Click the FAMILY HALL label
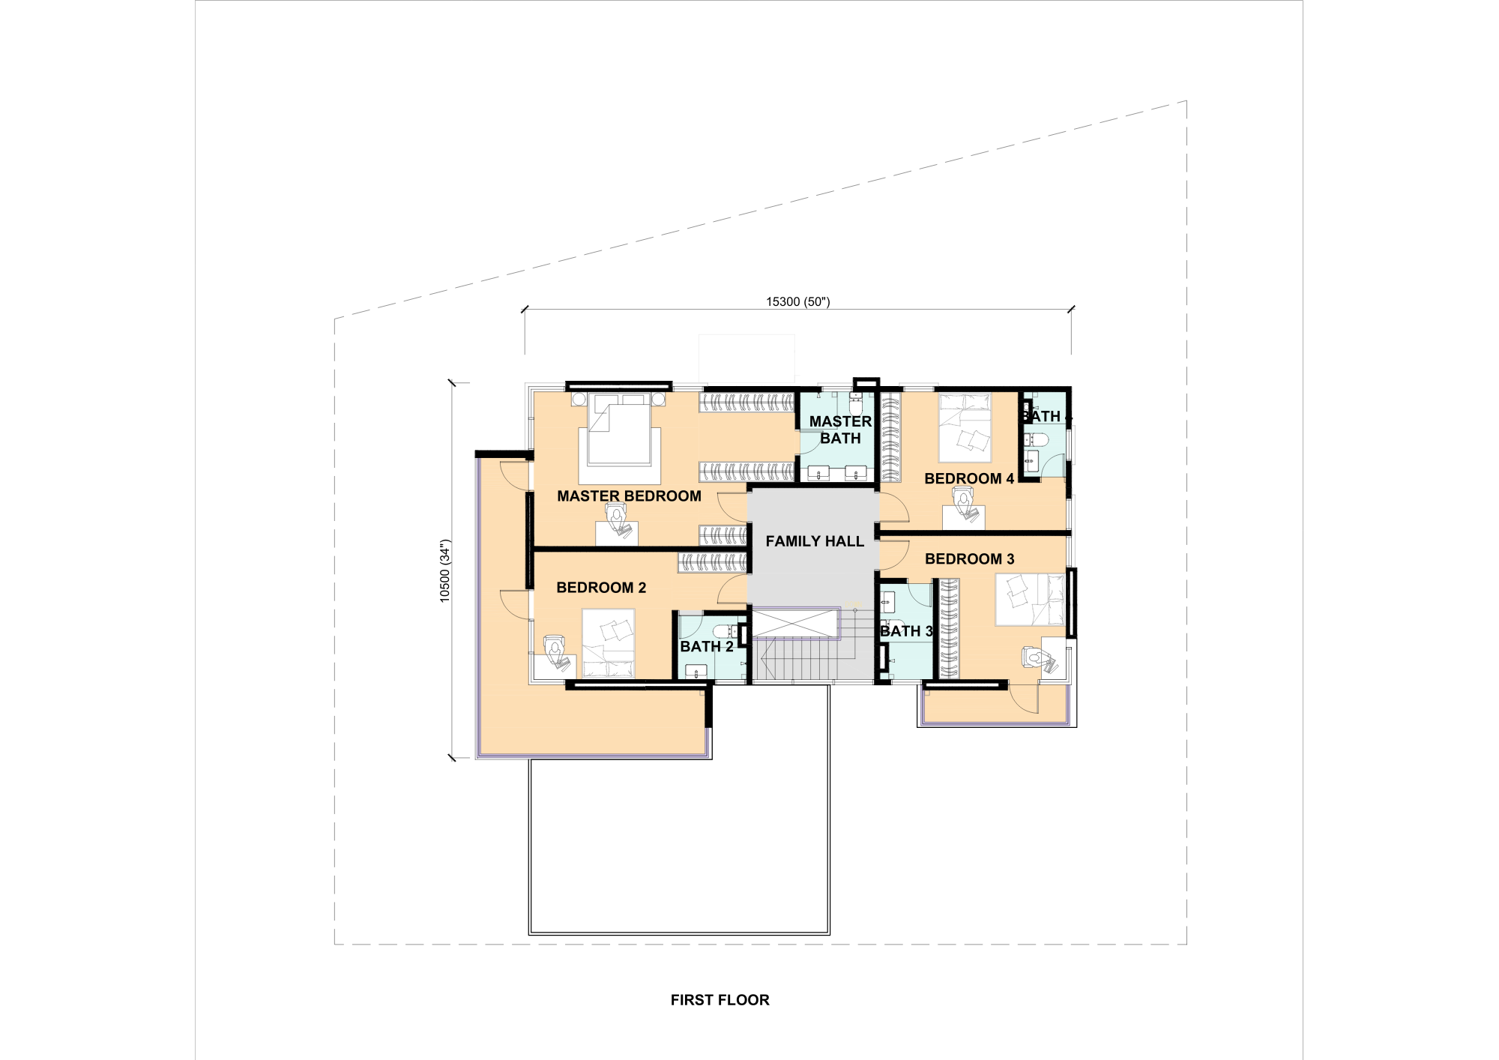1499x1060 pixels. coord(815,541)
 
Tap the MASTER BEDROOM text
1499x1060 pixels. coord(629,496)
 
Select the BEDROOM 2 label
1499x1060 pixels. coord(601,588)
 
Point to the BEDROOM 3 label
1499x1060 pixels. coord(969,559)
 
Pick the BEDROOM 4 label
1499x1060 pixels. coord(969,479)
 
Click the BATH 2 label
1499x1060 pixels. coord(707,646)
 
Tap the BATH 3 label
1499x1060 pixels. coord(906,631)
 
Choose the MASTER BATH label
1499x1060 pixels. coord(840,430)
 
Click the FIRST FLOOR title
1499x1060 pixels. coord(720,1000)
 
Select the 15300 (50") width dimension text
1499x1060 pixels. coord(798,302)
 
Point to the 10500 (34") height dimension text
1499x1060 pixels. coord(445,570)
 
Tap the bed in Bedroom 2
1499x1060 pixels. coord(609,644)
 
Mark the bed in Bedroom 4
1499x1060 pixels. coord(965,428)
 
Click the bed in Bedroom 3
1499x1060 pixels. coord(1030,600)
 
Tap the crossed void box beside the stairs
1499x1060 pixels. coord(794,624)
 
